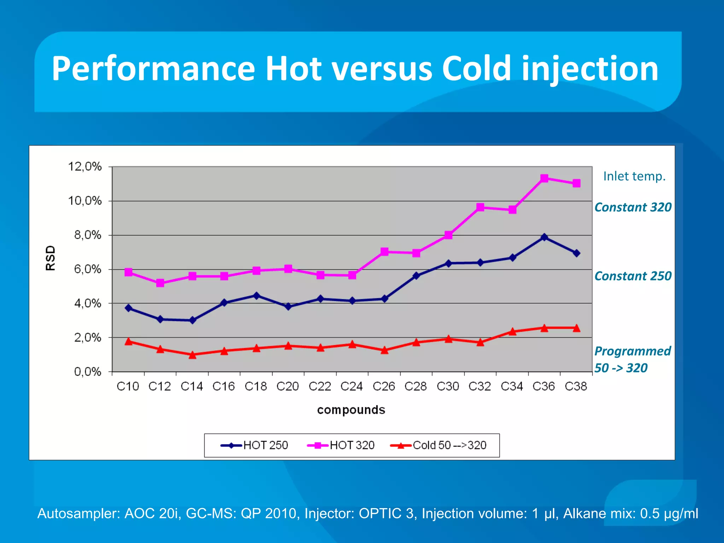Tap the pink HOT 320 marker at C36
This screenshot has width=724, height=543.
point(544,178)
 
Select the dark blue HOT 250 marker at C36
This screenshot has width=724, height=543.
point(544,237)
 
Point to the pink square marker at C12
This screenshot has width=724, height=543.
point(160,283)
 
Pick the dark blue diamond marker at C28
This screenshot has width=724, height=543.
point(416,276)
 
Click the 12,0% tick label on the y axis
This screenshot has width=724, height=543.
point(85,167)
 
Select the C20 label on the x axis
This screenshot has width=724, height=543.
point(288,386)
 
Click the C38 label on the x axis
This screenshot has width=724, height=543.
point(576,386)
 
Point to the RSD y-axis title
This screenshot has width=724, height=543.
point(51,258)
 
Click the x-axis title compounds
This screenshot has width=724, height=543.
point(351,410)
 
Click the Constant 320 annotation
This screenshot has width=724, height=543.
point(633,207)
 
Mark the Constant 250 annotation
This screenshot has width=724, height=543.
point(633,276)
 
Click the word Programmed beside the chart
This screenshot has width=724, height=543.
point(632,351)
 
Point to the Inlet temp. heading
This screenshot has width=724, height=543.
point(634,176)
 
